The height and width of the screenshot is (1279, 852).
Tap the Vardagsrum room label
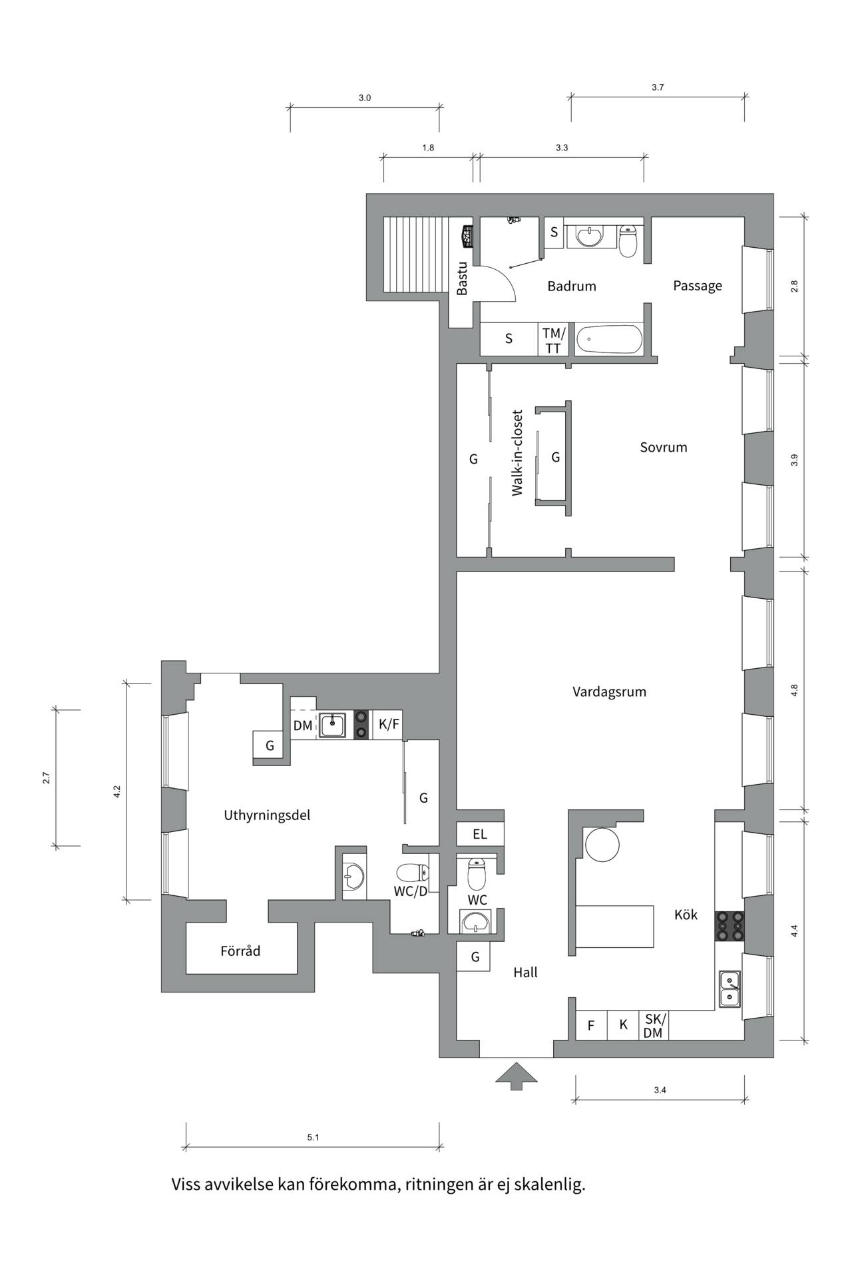[609, 691]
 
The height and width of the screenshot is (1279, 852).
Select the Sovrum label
[663, 447]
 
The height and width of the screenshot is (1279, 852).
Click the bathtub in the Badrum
[608, 340]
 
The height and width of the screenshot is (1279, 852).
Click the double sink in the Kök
[730, 989]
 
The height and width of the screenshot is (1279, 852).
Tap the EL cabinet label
[479, 834]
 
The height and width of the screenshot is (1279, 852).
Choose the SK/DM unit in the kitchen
[654, 1026]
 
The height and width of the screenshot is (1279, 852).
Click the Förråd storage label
[240, 951]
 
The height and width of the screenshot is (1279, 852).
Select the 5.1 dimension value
[313, 1137]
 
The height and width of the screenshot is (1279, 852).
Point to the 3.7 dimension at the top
[658, 87]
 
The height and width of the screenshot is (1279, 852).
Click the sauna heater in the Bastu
[468, 236]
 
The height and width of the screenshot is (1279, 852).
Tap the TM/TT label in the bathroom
[553, 340]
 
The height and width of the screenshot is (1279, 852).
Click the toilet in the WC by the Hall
[477, 874]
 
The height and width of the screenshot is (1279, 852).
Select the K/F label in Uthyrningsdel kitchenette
[389, 724]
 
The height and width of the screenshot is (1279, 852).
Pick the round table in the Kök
[602, 845]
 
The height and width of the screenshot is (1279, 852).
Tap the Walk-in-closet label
[517, 453]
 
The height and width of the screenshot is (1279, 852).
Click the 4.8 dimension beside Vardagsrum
[794, 690]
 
